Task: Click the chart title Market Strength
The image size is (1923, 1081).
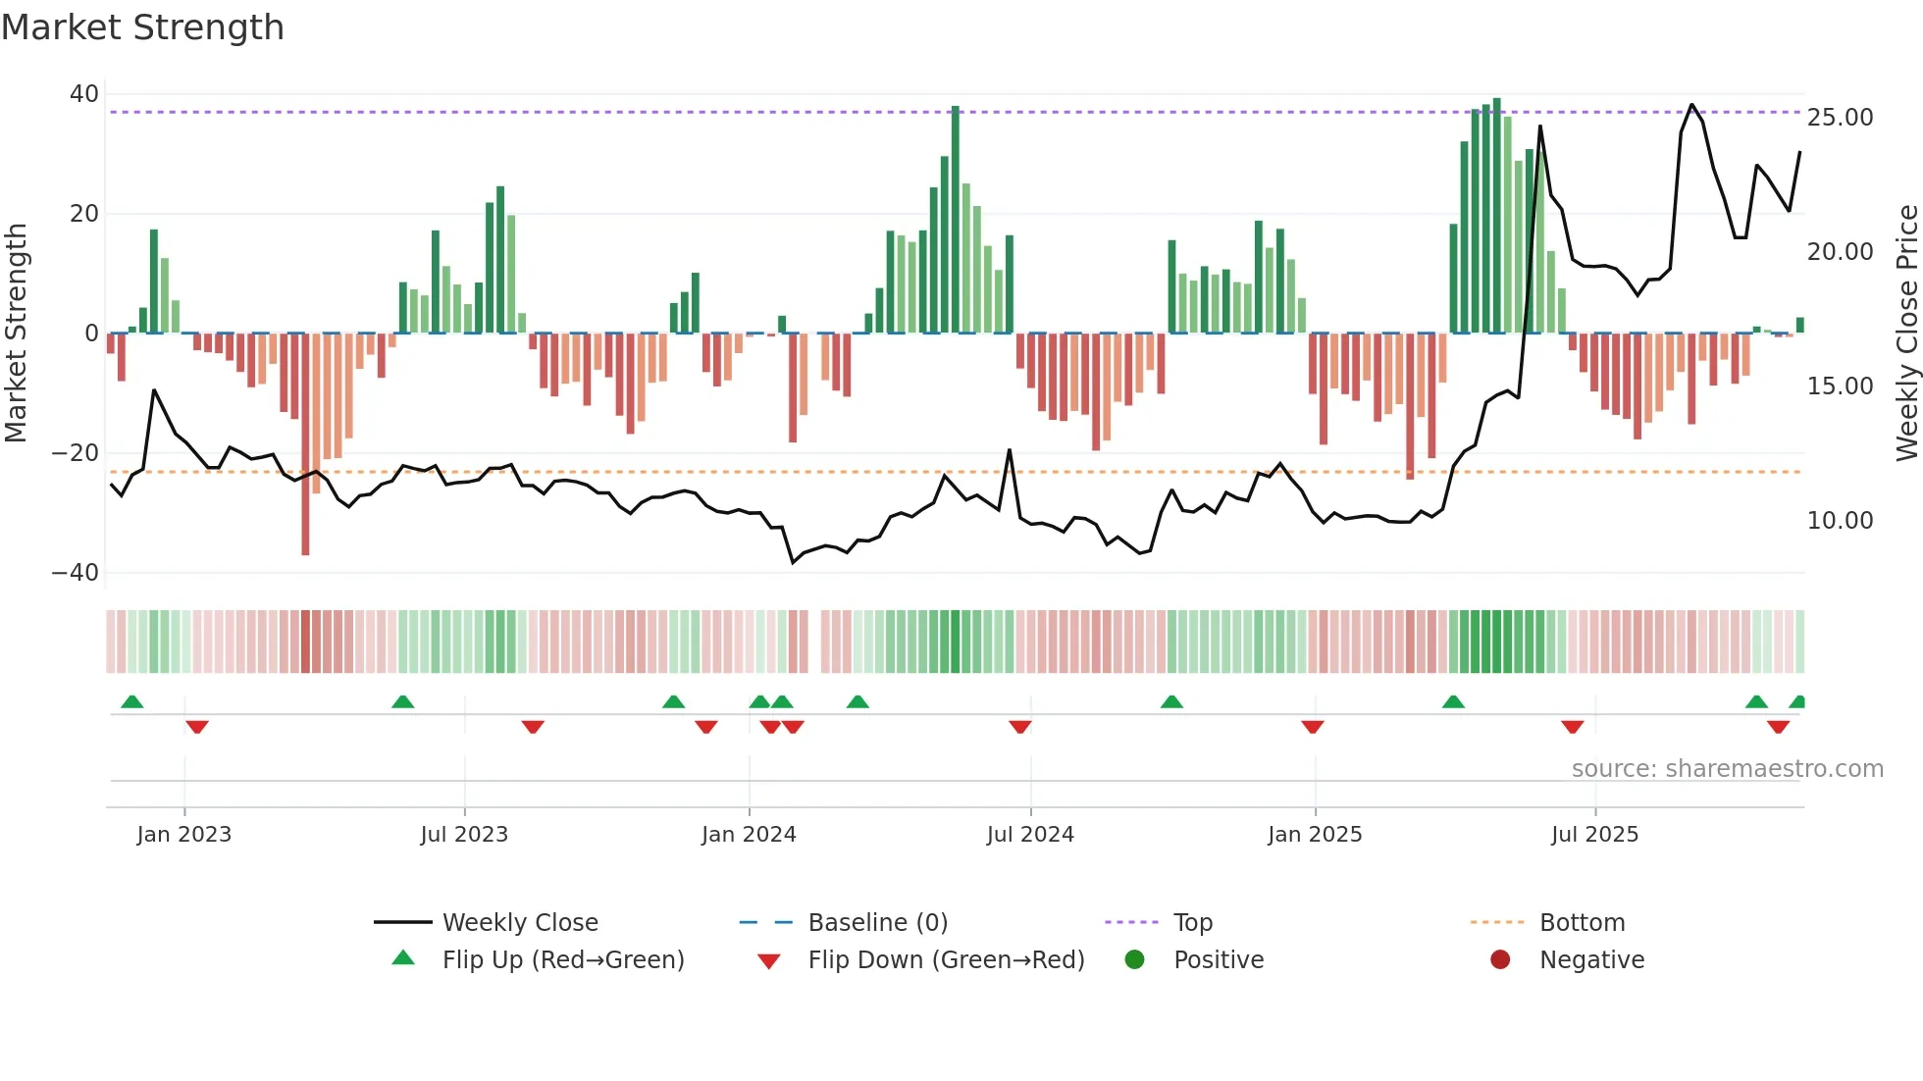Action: click(x=142, y=27)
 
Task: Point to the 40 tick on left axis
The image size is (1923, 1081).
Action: click(x=84, y=94)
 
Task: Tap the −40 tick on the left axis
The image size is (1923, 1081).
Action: click(x=76, y=573)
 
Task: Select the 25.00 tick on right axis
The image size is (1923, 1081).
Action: click(x=1840, y=118)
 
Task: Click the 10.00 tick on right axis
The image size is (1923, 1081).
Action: click(x=1840, y=521)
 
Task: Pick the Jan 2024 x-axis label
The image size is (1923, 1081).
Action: click(x=749, y=835)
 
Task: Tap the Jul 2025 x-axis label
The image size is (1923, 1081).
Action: click(x=1594, y=835)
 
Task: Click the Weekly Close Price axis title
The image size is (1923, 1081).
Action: click(x=1906, y=334)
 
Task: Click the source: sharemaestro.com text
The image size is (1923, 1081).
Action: click(x=1727, y=769)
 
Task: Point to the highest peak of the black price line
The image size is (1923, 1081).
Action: click(x=1691, y=105)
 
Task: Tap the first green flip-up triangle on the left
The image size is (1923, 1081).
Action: click(x=131, y=701)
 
